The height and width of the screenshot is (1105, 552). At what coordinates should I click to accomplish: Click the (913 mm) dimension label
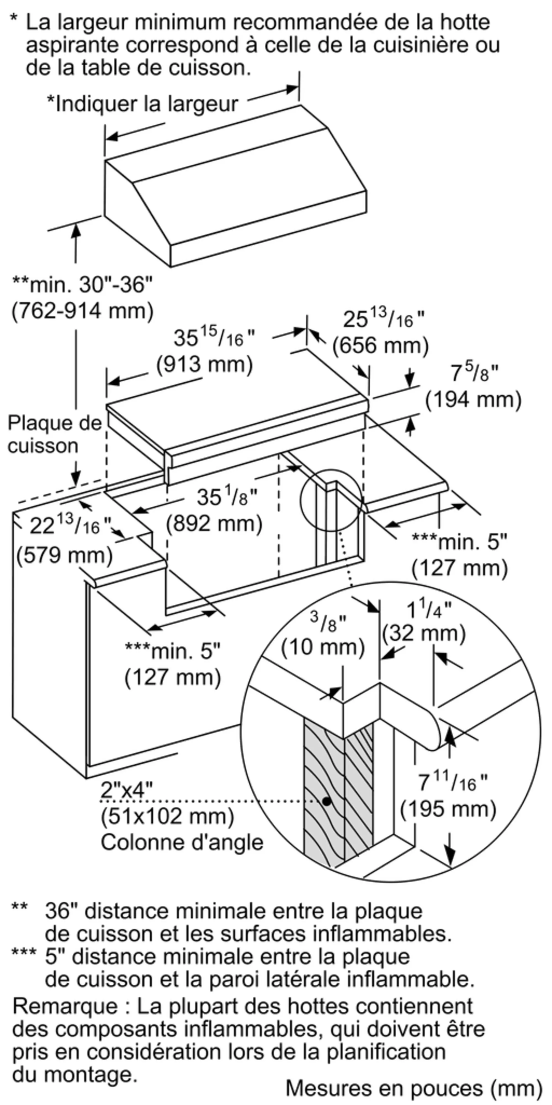[x=205, y=365]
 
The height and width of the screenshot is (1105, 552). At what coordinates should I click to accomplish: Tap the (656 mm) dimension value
[x=381, y=346]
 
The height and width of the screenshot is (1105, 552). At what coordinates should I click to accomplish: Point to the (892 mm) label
[x=214, y=524]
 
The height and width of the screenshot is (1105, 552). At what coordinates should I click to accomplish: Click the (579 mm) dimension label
[x=65, y=556]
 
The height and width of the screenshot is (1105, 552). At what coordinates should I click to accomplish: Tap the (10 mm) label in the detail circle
[x=323, y=647]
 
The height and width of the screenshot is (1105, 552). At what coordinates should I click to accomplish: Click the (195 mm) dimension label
[x=448, y=809]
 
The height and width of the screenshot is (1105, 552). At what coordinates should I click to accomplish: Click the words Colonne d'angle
[x=182, y=842]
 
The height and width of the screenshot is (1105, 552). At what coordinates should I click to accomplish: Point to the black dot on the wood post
[x=327, y=801]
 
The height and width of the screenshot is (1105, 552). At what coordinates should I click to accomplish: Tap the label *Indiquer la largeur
[x=142, y=104]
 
